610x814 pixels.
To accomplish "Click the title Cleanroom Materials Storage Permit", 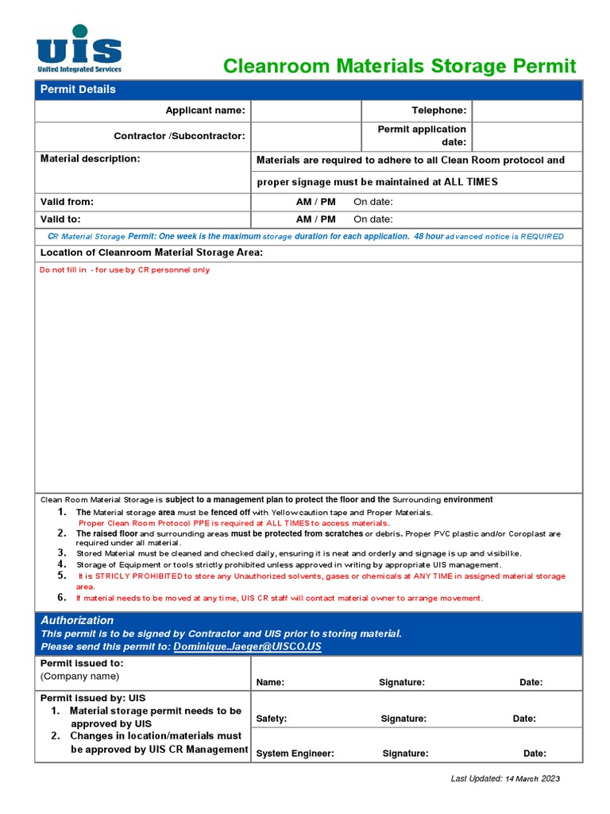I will tap(400, 66).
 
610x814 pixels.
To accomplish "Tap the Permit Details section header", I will tap(78, 89).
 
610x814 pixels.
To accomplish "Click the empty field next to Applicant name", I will tap(306, 110).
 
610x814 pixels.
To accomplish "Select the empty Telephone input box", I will tap(527, 110).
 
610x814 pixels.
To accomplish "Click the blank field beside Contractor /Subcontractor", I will tap(306, 136).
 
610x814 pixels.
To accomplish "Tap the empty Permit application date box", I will tap(527, 136).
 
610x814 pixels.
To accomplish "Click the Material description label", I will tap(90, 159).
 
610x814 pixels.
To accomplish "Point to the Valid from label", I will tap(67, 202).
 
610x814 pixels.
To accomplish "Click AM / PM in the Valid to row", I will tap(315, 219).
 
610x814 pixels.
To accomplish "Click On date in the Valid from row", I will tap(373, 202).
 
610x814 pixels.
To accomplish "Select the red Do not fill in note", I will tap(125, 270).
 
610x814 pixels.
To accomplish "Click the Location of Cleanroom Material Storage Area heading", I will tap(151, 253).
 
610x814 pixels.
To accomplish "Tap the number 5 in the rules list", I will tap(62, 575).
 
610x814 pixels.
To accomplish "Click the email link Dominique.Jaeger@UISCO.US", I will tap(247, 647).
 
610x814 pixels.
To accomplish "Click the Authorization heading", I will tap(77, 620).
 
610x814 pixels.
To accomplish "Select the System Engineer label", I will tap(295, 754).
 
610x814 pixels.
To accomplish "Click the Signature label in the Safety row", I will tap(403, 719).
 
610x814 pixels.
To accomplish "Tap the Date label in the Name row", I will tap(531, 682).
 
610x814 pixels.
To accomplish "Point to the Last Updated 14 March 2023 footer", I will tap(505, 778).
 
